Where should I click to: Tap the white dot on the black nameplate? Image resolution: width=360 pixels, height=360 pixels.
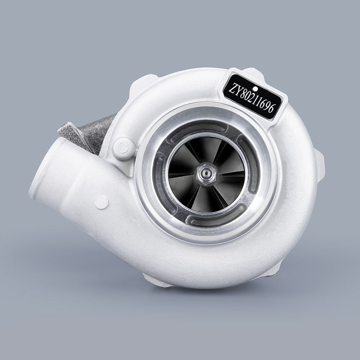tap(255, 88)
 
